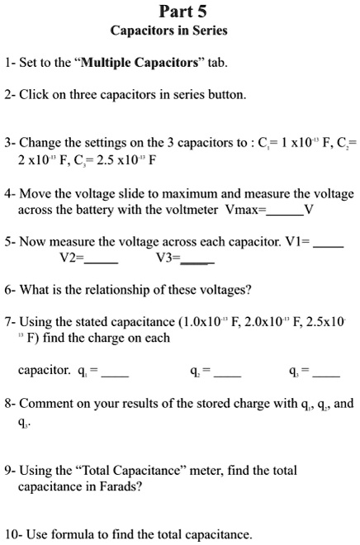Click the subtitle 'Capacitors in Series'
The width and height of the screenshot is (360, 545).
(169, 31)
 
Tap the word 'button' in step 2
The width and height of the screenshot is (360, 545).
(227, 94)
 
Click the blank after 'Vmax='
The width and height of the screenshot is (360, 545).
(284, 210)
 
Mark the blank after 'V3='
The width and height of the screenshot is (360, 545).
(197, 258)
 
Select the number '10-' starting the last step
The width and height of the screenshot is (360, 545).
(12, 534)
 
